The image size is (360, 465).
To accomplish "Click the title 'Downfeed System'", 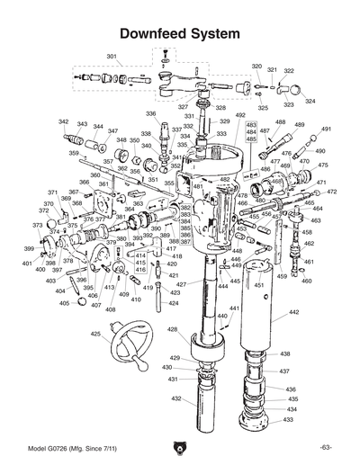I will click(x=179, y=34).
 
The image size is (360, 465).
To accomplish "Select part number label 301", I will click(x=112, y=57).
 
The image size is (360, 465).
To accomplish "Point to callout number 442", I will click(x=293, y=312).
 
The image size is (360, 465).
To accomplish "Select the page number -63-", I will click(x=325, y=448).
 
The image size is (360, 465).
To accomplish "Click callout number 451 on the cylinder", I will click(x=258, y=285).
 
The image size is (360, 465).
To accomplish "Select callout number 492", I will click(x=240, y=116).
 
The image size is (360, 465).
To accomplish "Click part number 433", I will click(x=289, y=419).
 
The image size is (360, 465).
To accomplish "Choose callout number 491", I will click(x=326, y=130).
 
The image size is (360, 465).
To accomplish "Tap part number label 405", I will click(x=64, y=303).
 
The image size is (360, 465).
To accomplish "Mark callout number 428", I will click(x=172, y=330).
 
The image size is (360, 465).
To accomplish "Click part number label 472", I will click(x=331, y=192).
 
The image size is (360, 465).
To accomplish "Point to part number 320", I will click(x=256, y=67).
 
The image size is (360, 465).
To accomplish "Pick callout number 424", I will click(x=172, y=304).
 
